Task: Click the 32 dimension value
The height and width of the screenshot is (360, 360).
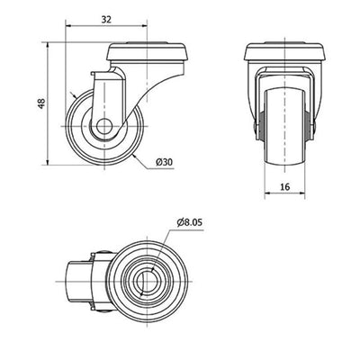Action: (x=106, y=20)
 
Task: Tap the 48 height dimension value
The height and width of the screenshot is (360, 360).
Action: (x=41, y=103)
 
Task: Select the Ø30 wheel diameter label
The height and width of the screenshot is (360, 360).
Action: (x=165, y=162)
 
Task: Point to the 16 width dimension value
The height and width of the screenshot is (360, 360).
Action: (x=285, y=187)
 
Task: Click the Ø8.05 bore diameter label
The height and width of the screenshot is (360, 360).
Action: (x=190, y=222)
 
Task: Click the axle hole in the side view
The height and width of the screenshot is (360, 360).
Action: (x=104, y=126)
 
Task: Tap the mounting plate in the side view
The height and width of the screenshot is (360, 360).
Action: (x=147, y=52)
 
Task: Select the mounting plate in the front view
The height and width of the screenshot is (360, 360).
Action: (x=284, y=52)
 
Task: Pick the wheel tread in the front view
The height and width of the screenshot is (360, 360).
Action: (x=284, y=127)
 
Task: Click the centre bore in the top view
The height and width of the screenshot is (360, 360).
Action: (x=147, y=282)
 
